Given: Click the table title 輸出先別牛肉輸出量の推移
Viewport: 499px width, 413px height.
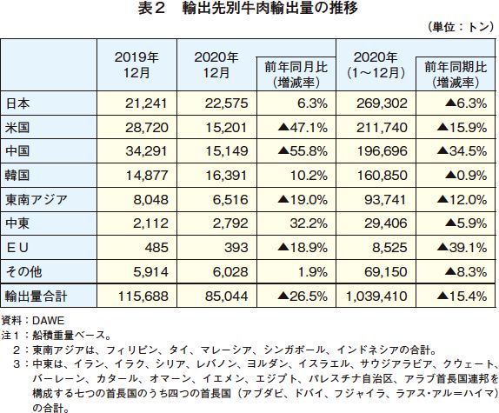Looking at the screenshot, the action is coord(269,9).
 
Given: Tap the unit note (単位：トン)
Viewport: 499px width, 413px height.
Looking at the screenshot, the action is coord(461,27).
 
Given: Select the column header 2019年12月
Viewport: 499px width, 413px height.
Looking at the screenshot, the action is coord(136,65).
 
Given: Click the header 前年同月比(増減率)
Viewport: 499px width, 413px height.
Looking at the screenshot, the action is coord(296,75).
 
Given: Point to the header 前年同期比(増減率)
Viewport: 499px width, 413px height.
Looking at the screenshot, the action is coord(456,75).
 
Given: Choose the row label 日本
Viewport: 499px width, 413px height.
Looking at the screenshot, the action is coord(17,103).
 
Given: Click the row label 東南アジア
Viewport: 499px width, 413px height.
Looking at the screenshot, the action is coord(37,200).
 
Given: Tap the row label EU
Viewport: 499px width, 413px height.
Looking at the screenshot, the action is coord(17,248).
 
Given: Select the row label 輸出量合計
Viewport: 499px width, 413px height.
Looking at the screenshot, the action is coord(36,296).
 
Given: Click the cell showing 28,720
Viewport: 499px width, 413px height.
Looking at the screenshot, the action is coord(147,128).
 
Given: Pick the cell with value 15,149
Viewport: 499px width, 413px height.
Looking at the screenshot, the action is coord(227,151).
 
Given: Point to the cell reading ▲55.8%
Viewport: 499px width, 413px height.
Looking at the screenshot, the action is coord(303,151).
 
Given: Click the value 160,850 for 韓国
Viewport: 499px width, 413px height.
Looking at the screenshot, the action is coord(383,176).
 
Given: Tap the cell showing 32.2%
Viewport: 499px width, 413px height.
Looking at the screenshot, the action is coord(309,223).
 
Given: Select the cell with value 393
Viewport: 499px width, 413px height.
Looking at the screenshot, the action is coord(236,248).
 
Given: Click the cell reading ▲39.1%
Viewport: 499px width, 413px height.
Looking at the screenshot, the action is coord(462,248).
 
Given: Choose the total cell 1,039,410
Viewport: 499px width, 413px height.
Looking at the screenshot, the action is coord(376,296).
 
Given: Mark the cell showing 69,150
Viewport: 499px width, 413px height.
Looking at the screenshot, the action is coord(386,272).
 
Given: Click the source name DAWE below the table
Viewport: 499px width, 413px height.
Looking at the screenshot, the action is coord(49,321).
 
